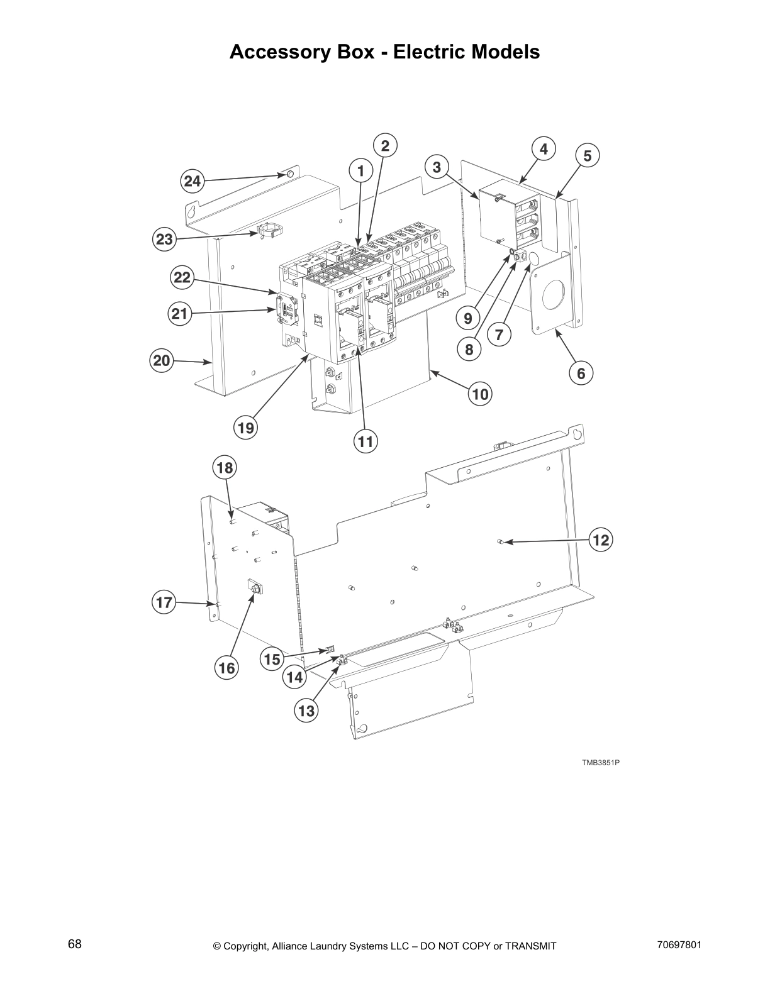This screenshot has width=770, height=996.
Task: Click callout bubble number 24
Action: coord(192,182)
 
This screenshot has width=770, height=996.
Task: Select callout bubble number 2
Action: coord(385,146)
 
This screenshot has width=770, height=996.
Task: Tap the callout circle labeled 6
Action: coord(581,373)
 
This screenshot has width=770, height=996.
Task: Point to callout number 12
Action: coord(601,539)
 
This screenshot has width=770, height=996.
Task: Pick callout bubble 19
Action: coord(245,428)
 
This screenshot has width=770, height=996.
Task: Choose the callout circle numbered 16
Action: coord(226,668)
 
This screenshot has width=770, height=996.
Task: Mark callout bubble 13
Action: coord(306,711)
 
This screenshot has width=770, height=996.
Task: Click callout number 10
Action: coord(480,394)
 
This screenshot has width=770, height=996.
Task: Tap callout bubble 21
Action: coord(181,313)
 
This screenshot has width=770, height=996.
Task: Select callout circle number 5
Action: coord(587,155)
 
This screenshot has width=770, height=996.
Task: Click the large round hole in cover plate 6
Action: coord(554,292)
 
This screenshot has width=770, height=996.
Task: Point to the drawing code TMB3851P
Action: coord(600,763)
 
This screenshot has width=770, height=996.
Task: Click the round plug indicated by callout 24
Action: coord(289,174)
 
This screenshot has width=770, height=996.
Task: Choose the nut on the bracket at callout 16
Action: coord(257,589)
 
